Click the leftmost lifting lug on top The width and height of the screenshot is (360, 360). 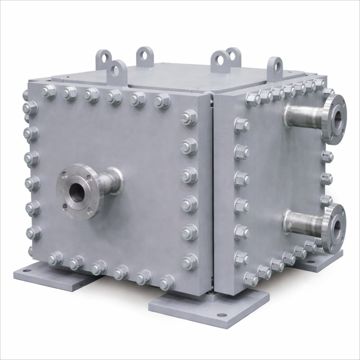tap(104, 58)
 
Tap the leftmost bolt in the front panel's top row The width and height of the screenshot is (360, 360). tap(48, 91)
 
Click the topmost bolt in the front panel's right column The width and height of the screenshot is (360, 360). tap(189, 117)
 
